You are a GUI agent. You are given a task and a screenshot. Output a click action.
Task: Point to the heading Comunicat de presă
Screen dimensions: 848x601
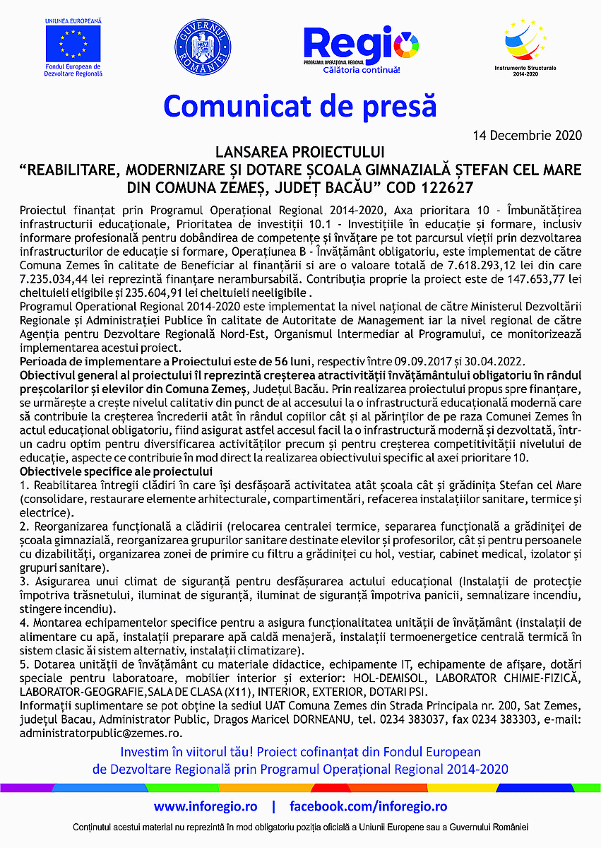click(x=300, y=106)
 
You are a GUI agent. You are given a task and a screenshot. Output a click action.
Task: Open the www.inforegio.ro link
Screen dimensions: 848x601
click(x=206, y=806)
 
